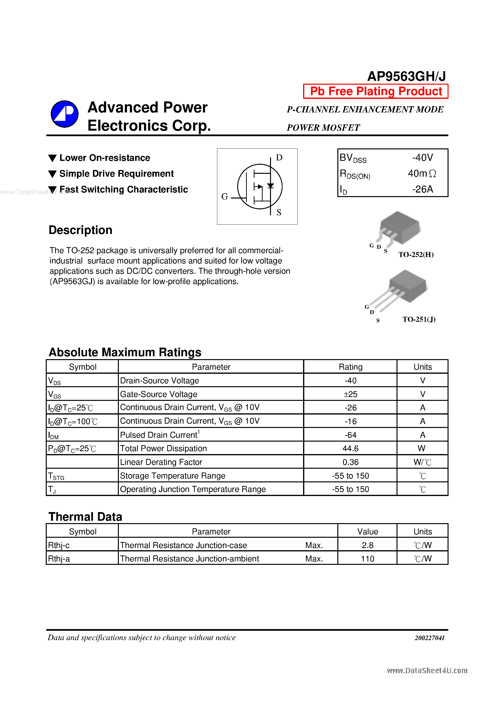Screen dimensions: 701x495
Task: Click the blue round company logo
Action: [64, 114]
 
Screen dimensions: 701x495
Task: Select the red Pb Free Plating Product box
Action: [375, 91]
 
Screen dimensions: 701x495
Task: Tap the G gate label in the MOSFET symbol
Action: [224, 197]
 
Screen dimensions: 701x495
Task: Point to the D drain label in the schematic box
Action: [279, 158]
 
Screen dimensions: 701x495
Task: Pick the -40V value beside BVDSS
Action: [422, 158]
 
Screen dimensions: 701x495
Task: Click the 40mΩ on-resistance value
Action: [421, 173]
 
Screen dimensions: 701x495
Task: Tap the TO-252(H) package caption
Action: [416, 254]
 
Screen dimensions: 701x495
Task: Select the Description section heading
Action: [81, 230]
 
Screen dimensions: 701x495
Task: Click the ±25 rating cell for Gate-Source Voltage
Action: [350, 394]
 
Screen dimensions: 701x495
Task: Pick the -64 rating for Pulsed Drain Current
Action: [350, 435]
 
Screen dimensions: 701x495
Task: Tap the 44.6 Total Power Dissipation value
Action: [350, 448]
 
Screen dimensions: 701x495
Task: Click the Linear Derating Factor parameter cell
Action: [161, 462]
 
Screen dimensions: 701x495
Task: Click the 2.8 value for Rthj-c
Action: [368, 545]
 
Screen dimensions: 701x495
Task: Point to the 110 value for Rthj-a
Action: [368, 558]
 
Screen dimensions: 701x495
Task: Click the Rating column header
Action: [350, 367]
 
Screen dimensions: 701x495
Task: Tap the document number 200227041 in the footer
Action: [429, 638]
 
